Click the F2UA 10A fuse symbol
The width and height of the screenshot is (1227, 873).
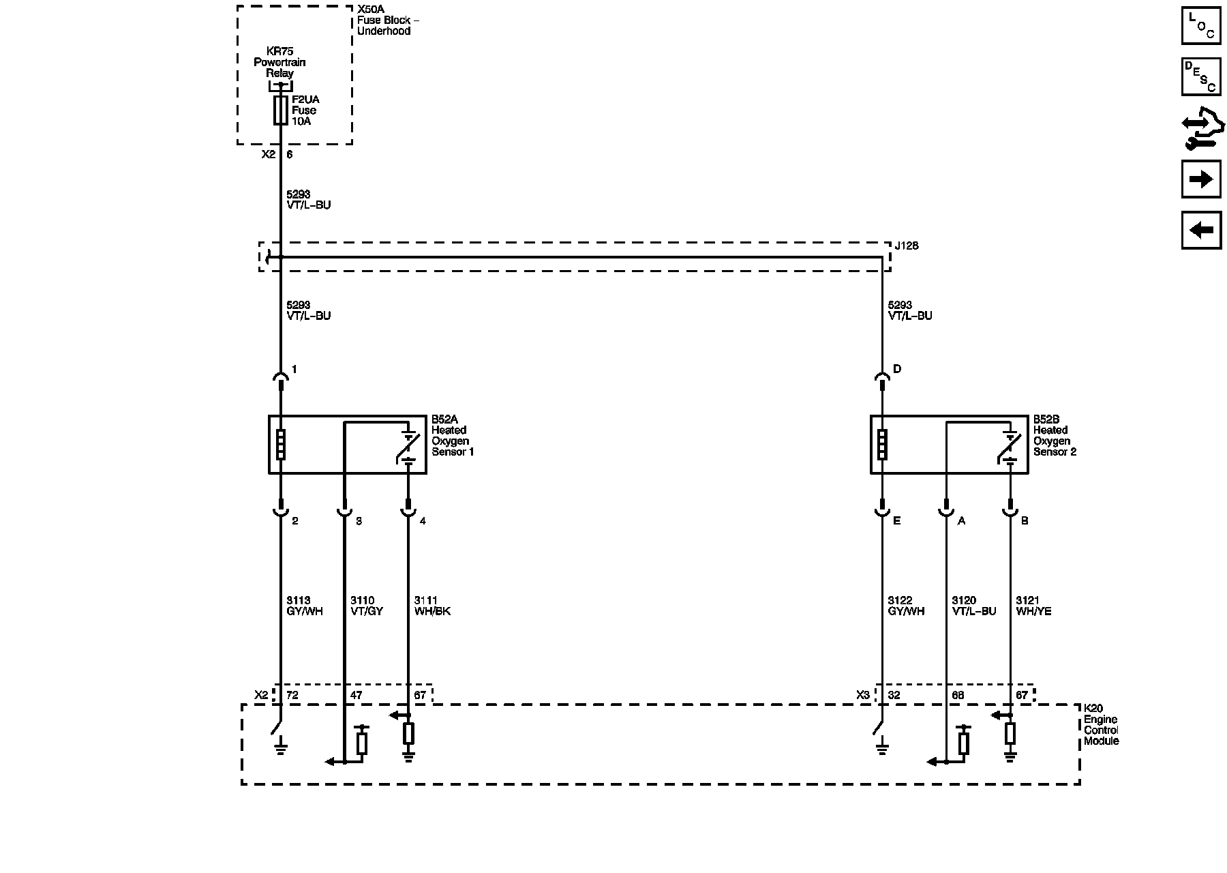click(280, 110)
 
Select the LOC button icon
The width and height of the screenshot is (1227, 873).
click(1201, 26)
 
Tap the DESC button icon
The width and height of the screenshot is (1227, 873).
click(1201, 77)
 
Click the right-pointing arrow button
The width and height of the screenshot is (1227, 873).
click(1201, 179)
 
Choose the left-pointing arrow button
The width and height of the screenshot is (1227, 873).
click(1201, 230)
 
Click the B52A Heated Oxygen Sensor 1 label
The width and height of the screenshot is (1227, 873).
click(452, 435)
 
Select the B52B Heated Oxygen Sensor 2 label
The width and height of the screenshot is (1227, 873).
click(1054, 435)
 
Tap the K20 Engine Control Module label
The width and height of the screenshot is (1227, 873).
click(1101, 725)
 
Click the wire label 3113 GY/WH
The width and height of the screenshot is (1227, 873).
click(304, 606)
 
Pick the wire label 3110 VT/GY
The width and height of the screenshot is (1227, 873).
click(367, 606)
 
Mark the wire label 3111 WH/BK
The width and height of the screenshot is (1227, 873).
click(432, 606)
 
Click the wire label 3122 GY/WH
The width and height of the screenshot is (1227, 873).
click(906, 606)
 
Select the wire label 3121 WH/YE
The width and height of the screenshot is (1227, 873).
click(1033, 606)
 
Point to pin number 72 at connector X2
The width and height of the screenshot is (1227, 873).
click(292, 696)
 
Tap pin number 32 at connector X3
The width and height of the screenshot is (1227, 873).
click(894, 696)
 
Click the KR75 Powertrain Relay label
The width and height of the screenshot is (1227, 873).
click(279, 62)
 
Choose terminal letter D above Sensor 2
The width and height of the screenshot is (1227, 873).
click(897, 369)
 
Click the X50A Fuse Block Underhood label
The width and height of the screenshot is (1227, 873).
click(388, 20)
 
